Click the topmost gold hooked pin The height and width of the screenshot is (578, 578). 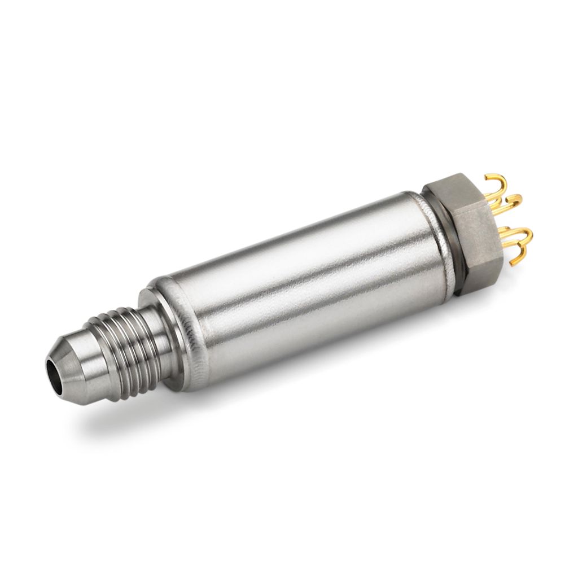[496, 184]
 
